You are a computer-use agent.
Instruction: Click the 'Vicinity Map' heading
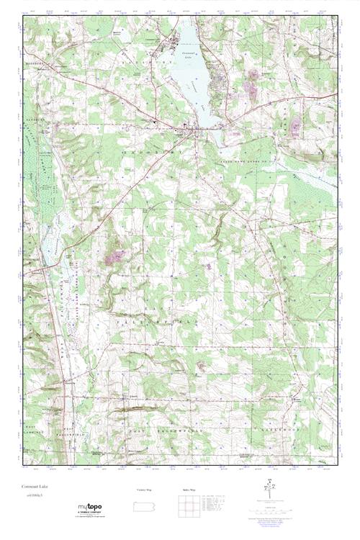(x=145, y=490)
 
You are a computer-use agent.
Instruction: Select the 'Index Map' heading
(x=189, y=490)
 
